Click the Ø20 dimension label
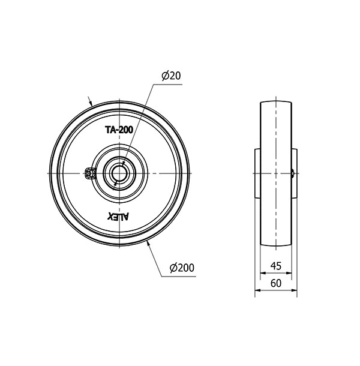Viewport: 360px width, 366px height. pyautogui.click(x=171, y=76)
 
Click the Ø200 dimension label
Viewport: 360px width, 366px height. pyautogui.click(x=182, y=268)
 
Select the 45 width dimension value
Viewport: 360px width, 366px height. pyautogui.click(x=276, y=266)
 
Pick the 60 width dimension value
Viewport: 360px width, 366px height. pyautogui.click(x=276, y=283)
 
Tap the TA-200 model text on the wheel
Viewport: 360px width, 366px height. pyautogui.click(x=119, y=130)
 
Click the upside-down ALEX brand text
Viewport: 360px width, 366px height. pyautogui.click(x=118, y=217)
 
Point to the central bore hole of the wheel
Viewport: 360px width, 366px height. pyautogui.click(x=119, y=173)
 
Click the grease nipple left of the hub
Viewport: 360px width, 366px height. pyautogui.click(x=90, y=173)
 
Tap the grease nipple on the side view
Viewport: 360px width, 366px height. pyautogui.click(x=293, y=173)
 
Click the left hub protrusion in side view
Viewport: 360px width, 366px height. pyautogui.click(x=257, y=173)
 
